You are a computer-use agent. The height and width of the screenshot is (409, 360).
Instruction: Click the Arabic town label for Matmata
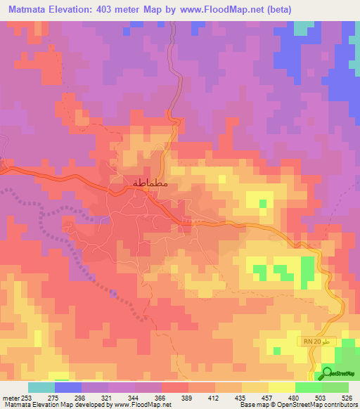point(150,183)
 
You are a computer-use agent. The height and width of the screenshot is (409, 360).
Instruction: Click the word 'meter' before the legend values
point(12,397)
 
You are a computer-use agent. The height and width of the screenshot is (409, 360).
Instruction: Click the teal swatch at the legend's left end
point(41,387)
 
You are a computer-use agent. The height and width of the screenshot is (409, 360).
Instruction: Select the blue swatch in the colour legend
point(67,387)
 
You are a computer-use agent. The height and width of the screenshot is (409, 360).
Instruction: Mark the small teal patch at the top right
point(304,27)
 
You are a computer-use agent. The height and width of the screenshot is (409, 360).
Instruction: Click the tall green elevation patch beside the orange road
point(307,271)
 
